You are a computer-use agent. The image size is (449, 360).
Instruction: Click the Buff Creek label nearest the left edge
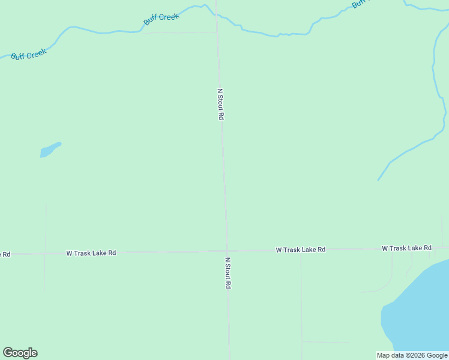28,53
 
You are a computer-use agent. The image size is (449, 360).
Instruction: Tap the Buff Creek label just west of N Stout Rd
161,19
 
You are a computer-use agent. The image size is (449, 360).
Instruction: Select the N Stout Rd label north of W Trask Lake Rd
220,104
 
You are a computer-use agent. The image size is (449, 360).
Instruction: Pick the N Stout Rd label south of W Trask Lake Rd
228,274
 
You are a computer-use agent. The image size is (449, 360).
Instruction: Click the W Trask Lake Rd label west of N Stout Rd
91,253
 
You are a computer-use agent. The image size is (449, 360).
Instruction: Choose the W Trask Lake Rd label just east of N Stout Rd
300,249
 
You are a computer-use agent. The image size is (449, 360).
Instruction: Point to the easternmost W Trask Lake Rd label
406,248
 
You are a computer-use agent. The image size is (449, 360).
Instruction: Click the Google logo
20,353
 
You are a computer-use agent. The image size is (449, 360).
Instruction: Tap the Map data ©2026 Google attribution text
412,356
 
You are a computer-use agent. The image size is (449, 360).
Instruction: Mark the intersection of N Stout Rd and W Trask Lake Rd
227,251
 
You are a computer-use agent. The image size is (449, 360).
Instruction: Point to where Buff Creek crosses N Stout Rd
217,15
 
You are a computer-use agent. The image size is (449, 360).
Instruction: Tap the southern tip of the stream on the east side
378,179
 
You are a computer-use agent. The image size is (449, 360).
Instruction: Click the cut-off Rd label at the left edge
5,254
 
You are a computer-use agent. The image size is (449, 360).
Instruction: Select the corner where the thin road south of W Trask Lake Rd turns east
302,342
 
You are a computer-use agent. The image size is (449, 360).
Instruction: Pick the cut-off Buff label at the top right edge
358,3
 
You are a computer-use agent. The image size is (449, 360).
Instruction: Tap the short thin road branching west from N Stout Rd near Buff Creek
180,32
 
